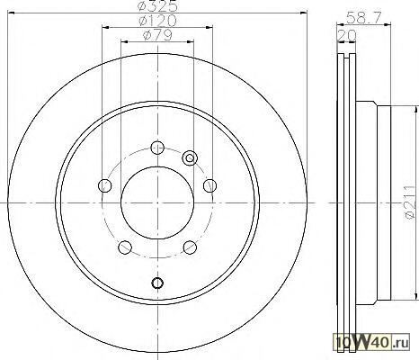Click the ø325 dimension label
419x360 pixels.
157,6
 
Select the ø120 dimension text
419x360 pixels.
157,21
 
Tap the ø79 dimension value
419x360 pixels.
157,35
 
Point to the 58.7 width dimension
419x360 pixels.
364,18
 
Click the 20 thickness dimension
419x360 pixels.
347,36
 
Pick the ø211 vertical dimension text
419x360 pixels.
411,202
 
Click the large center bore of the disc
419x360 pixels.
157,203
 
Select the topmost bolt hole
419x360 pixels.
157,147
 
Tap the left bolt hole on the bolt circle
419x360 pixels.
104,185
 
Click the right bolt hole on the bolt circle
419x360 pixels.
210,185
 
